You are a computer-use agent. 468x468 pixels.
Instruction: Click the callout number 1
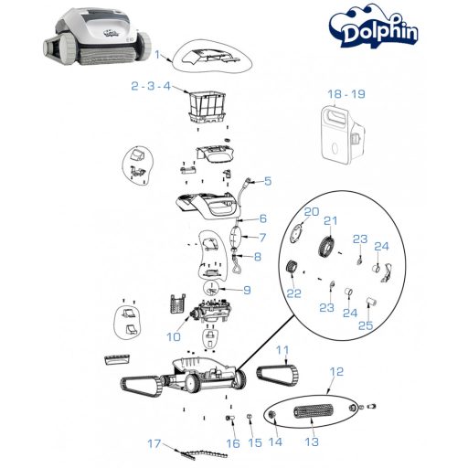156,56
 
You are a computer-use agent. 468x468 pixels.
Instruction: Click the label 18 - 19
345,93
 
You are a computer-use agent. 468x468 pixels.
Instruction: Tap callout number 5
268,181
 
